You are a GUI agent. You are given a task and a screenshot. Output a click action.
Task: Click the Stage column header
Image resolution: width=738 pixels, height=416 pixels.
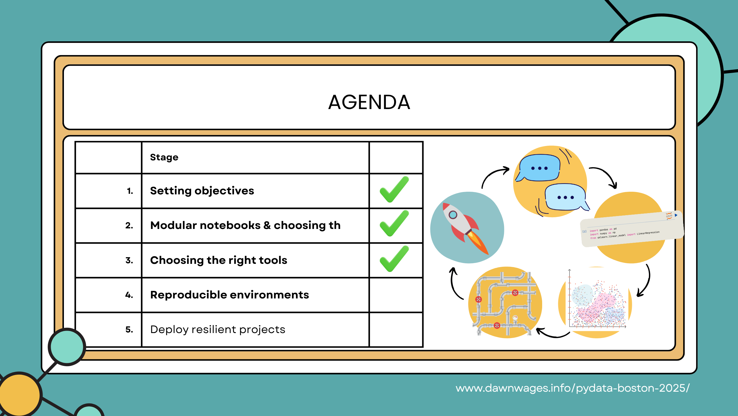[x=164, y=157]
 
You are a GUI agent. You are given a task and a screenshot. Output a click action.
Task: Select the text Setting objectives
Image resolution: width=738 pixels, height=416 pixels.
[x=202, y=191]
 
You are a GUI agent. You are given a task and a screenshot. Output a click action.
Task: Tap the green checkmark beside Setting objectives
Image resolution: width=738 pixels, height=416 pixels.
[x=394, y=190]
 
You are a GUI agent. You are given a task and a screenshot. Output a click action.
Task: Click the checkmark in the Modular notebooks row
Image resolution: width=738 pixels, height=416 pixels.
[x=394, y=224]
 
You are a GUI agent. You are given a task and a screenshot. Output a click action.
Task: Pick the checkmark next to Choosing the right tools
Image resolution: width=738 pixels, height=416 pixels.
[x=394, y=259]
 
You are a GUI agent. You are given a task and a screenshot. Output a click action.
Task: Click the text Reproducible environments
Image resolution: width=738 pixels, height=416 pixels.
[x=230, y=295]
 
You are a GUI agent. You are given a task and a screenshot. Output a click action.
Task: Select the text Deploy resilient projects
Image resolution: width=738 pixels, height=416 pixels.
[x=218, y=330]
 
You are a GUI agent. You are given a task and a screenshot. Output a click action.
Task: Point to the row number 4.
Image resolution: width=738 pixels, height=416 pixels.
[x=129, y=295]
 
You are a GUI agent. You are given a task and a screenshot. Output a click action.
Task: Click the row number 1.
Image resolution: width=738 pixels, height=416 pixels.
[x=130, y=191]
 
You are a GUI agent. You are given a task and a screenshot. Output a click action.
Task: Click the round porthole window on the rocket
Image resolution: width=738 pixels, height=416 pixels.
[x=453, y=215]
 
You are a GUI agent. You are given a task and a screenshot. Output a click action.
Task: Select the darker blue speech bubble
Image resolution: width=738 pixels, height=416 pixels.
[x=539, y=168]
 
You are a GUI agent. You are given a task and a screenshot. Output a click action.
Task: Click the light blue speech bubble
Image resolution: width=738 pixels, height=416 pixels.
[x=565, y=197]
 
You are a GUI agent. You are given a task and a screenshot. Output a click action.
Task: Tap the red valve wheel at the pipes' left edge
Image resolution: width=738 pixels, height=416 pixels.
[x=479, y=299]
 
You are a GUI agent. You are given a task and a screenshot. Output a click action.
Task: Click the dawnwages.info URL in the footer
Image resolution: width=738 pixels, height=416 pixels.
[x=572, y=388]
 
